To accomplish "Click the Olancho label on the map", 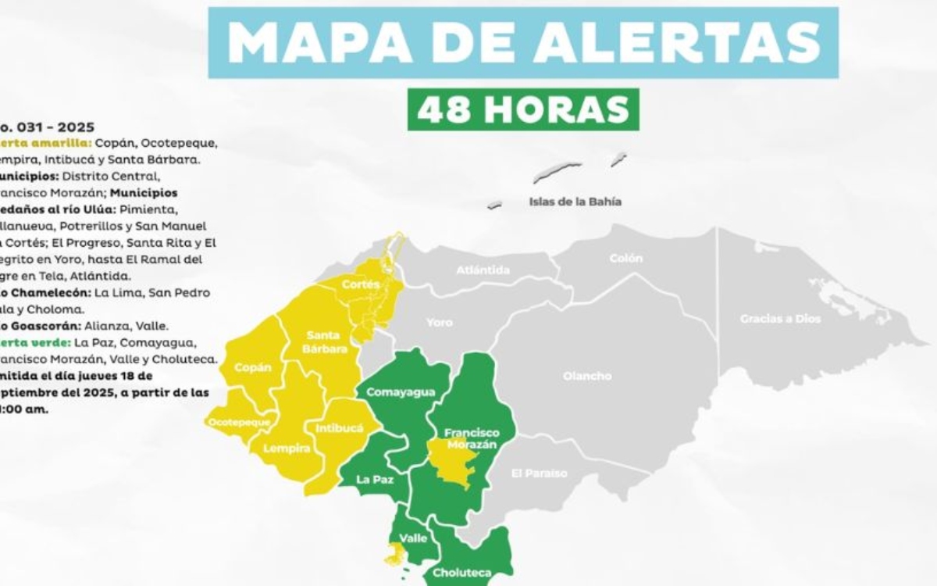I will [x=586, y=376].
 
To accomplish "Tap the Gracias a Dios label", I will [x=780, y=319].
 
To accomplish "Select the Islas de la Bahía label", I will [x=575, y=201].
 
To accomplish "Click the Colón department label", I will [x=625, y=258].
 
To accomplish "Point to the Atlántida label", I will [x=483, y=270].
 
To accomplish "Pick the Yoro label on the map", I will [x=439, y=322].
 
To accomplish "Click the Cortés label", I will [x=361, y=284].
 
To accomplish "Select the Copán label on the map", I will [x=253, y=367].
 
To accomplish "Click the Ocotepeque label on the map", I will [x=239, y=422].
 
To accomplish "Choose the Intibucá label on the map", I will [x=340, y=428].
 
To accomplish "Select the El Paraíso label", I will [x=540, y=473].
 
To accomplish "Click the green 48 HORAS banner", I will [x=523, y=109].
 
